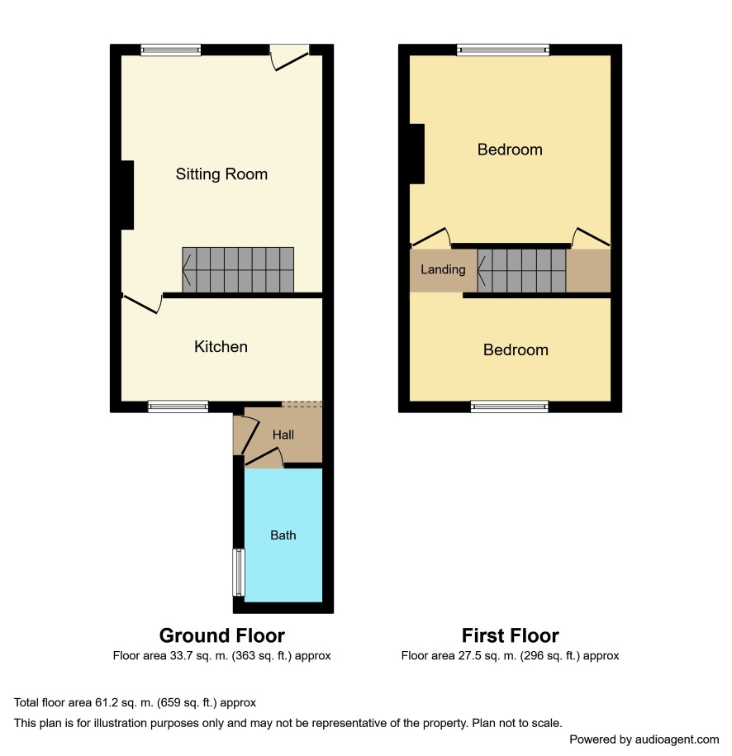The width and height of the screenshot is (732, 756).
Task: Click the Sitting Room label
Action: pos(221,174)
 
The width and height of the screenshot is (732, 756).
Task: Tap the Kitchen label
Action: pos(221,347)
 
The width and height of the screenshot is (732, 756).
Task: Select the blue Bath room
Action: pos(283,535)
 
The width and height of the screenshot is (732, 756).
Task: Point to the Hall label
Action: pos(283,435)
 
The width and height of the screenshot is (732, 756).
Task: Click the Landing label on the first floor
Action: pos(443,269)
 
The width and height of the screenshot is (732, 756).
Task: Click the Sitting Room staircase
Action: pos(238,270)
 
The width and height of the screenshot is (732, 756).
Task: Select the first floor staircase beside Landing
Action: pos(521,270)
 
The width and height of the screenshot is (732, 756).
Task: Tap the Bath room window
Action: pos(239,573)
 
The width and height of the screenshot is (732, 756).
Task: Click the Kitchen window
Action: pos(178,407)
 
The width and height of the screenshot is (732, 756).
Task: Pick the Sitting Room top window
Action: pos(171,50)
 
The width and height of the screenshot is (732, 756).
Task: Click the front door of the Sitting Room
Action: pos(289,57)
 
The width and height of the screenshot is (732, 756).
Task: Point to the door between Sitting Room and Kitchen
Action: pos(142,303)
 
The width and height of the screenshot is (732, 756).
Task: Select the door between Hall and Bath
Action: pos(264,458)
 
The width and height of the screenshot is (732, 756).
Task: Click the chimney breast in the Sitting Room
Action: pos(127,195)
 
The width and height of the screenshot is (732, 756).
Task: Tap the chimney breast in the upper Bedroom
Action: pos(417,154)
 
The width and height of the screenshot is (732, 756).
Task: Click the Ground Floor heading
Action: pos(221,635)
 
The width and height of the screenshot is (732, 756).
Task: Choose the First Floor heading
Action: pos(511,635)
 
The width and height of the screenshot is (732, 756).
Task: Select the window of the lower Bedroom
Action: pos(509,407)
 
